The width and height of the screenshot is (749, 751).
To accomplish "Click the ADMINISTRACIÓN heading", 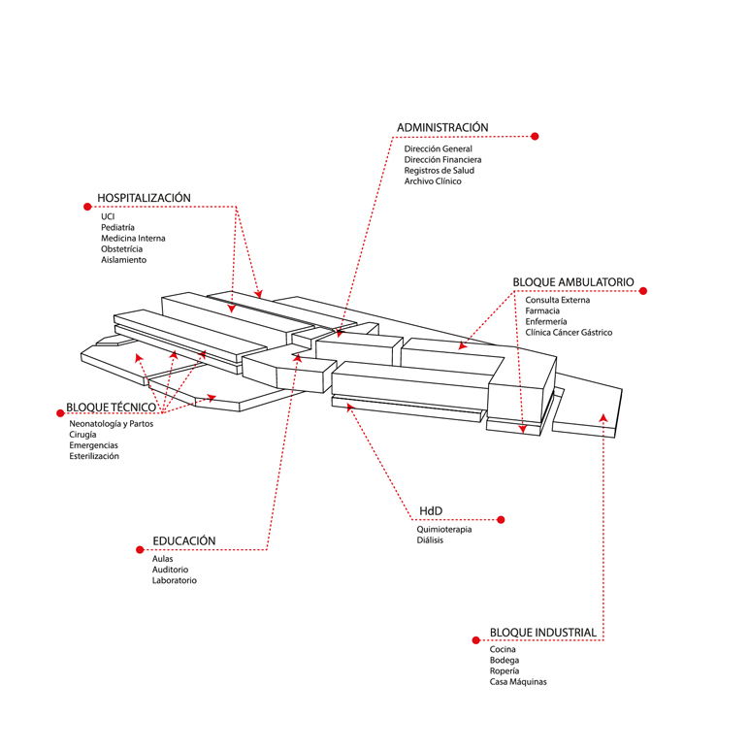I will point(441,128).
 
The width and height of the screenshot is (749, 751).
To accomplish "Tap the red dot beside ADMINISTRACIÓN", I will point(535,137).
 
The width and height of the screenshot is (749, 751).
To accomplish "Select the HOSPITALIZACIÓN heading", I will point(144,198).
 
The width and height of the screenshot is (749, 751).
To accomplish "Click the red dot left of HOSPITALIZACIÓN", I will point(86,206).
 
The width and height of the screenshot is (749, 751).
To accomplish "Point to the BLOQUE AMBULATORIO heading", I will point(572,282).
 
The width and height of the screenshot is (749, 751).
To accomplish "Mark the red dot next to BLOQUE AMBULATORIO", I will point(643,290).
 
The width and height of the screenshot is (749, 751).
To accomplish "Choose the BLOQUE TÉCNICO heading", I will point(111,408).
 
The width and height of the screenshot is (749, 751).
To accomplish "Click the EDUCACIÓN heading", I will point(183,541).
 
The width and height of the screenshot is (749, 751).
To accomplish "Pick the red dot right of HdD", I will point(501,520).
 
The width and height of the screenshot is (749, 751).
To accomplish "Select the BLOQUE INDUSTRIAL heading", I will point(542,633).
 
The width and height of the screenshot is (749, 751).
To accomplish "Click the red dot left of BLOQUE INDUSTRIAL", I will point(475,640).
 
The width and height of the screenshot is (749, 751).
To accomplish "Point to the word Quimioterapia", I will point(444,530).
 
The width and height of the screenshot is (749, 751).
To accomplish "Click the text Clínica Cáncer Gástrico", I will point(569,333).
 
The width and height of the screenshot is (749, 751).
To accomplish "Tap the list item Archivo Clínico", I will point(433,181).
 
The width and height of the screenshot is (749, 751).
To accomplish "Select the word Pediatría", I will point(117,227).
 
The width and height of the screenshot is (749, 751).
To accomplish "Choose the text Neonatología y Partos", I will point(111,424).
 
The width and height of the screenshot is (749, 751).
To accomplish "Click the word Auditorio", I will point(170,570).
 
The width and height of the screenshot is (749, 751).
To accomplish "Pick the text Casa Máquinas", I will point(518,682).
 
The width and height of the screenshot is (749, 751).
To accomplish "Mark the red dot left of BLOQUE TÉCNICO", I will point(59,408).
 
